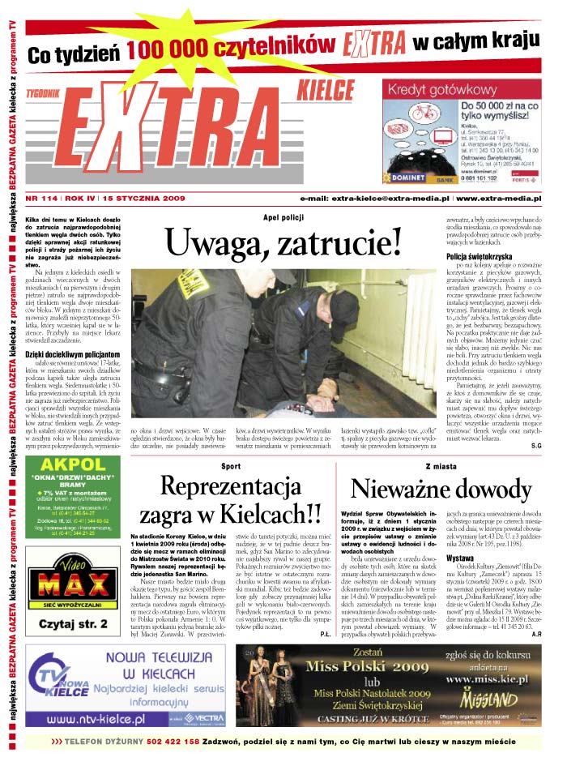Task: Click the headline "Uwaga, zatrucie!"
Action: pyautogui.click(x=283, y=241)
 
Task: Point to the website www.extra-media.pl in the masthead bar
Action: pyautogui.click(x=499, y=198)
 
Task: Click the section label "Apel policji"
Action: pyautogui.click(x=283, y=217)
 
